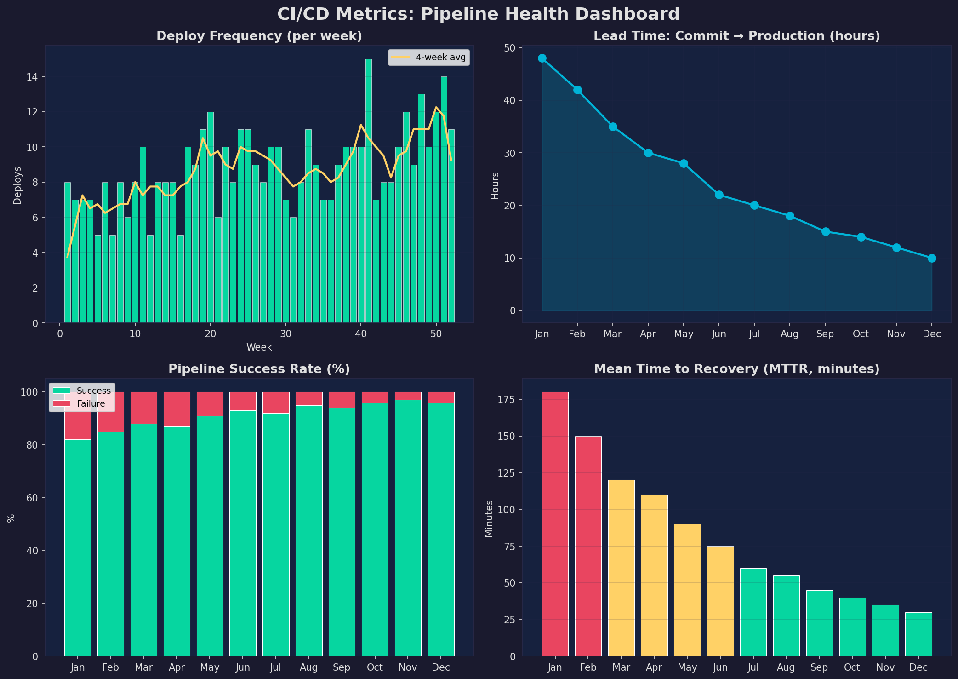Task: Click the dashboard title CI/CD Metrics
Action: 478,14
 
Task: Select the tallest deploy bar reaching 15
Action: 368,191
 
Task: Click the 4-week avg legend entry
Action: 429,58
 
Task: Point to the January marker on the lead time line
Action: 542,58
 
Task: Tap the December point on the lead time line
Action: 932,258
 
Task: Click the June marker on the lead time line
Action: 719,195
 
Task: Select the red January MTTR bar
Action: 555,524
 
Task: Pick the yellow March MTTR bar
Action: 621,568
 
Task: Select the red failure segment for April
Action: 177,409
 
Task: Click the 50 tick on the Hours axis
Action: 510,48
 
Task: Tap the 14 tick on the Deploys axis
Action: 32,77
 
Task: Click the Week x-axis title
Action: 259,347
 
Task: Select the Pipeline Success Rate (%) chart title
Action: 259,369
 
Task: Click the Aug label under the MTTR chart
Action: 786,667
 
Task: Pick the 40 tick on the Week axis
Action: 361,334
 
